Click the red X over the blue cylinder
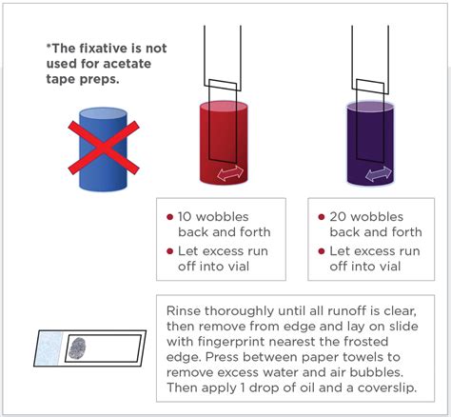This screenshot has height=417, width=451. click(104, 148)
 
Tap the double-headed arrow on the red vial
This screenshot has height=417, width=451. click(230, 173)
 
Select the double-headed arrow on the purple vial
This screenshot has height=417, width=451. click(379, 174)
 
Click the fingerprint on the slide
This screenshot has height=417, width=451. click(77, 348)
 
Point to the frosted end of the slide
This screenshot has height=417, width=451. click(49, 348)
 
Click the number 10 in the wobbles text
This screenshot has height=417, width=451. click(185, 217)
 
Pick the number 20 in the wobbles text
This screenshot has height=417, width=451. click(338, 217)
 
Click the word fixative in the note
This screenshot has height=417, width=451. click(98, 49)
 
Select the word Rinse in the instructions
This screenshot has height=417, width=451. click(184, 310)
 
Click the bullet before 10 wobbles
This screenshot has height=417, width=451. click(169, 217)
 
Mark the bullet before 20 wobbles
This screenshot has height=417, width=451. click(322, 217)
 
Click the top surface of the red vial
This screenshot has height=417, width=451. click(224, 106)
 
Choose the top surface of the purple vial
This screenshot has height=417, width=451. click(370, 107)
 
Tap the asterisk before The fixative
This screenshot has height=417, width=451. click(49, 46)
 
